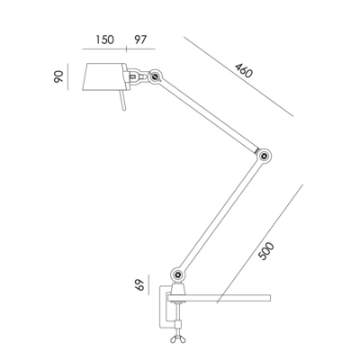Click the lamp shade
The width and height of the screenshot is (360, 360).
(106, 79)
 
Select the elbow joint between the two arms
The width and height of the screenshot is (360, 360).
(264, 158)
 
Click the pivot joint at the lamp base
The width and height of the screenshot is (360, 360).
(176, 271)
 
